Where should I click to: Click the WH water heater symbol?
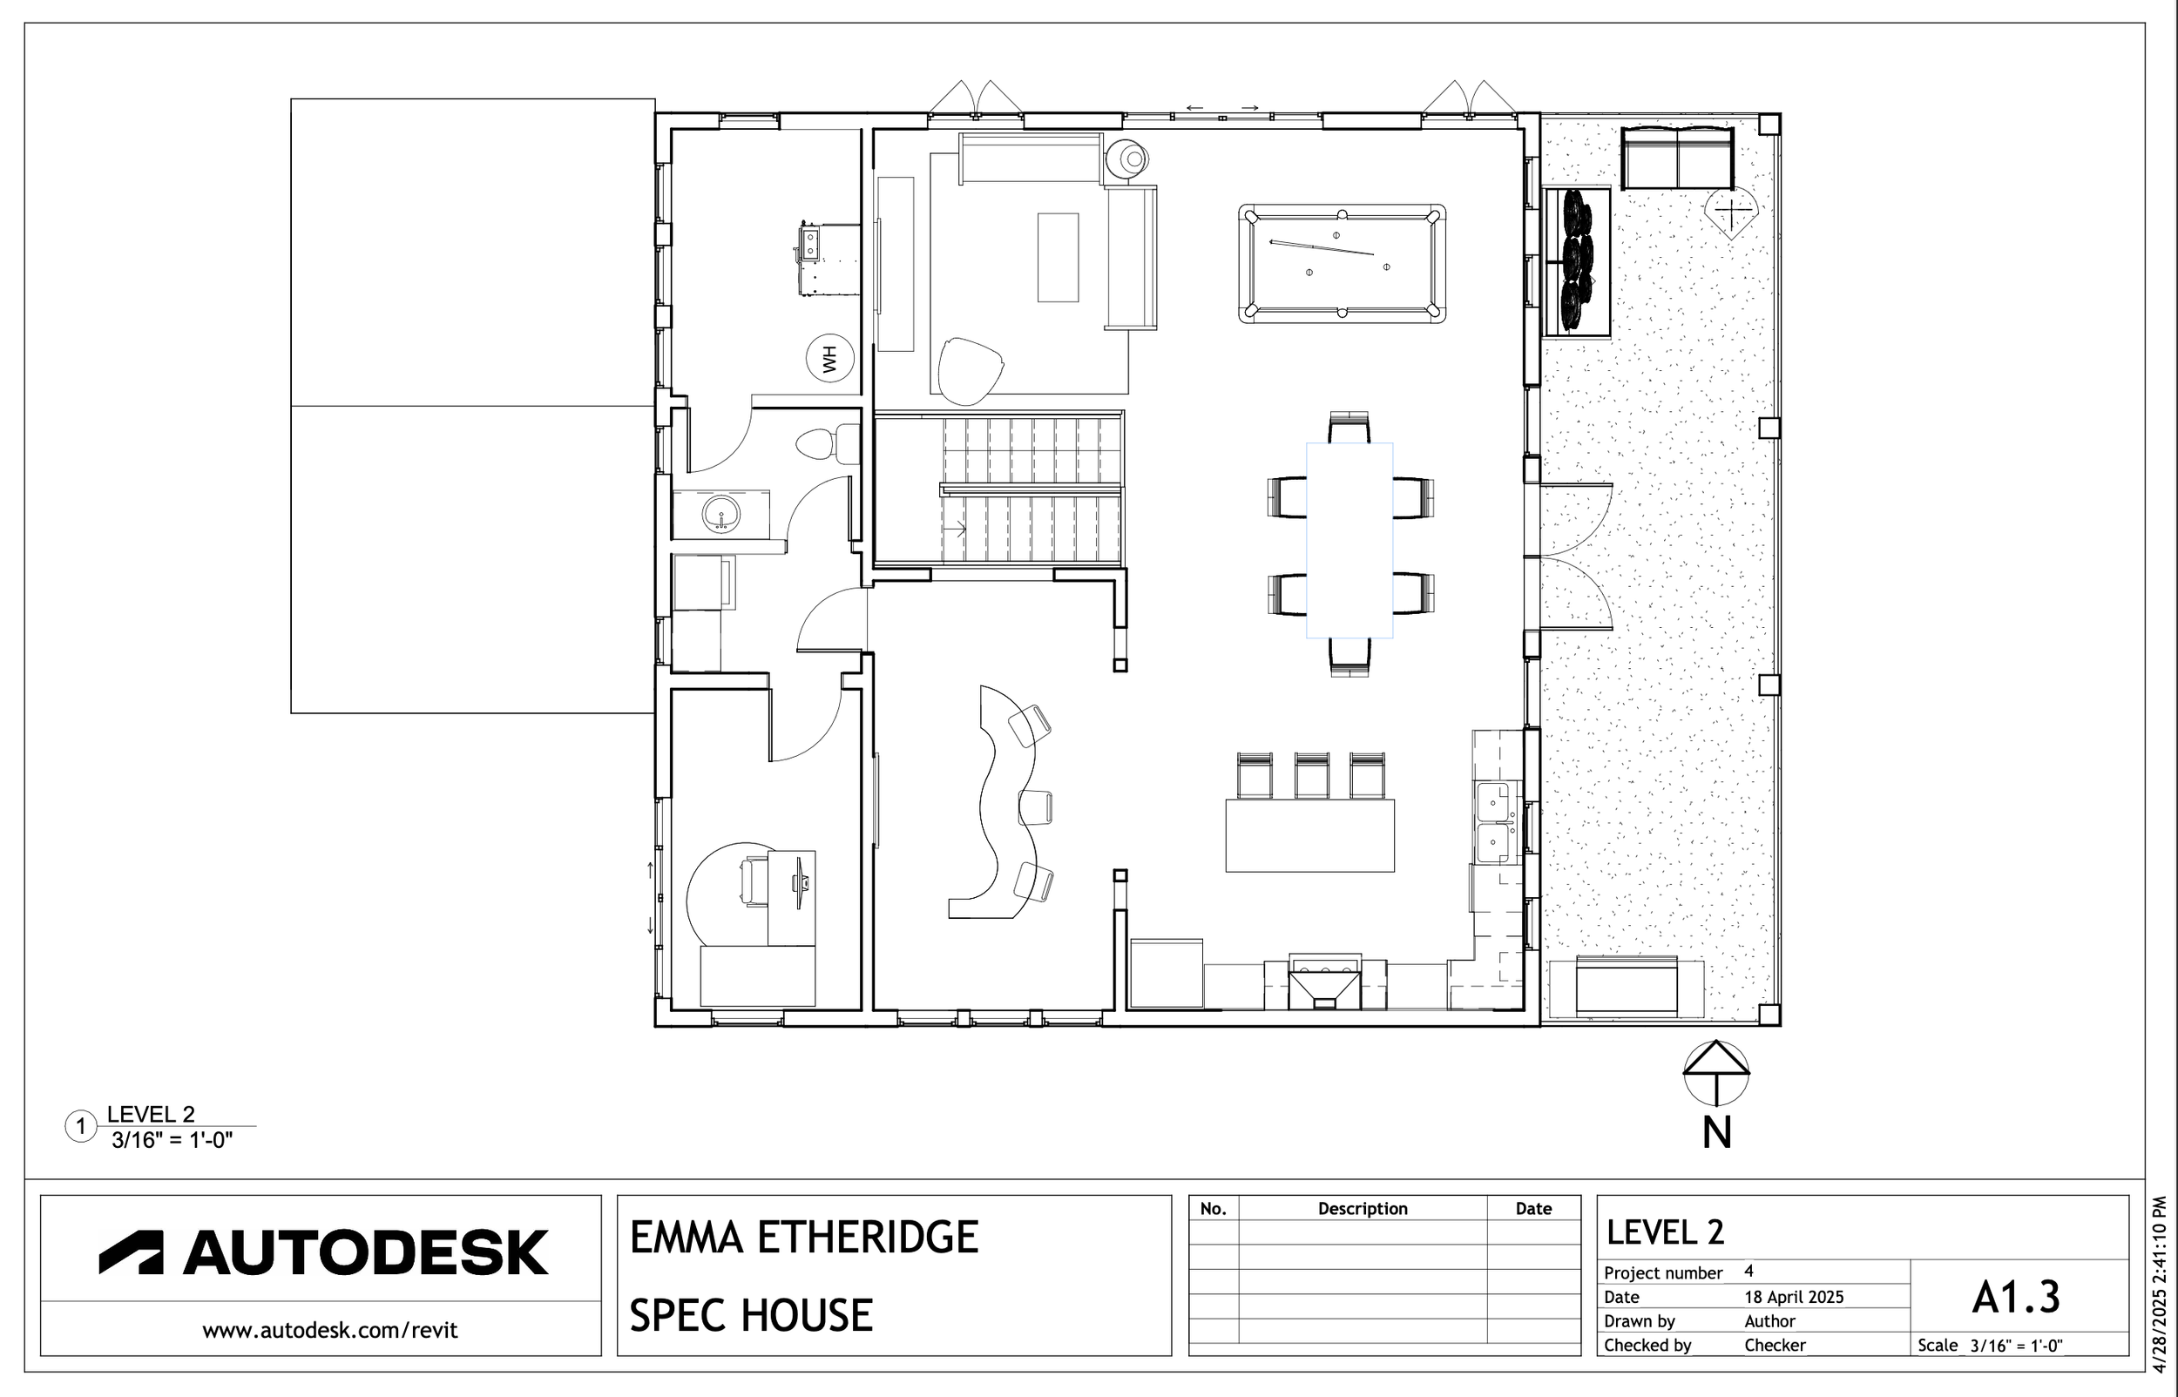pos(830,358)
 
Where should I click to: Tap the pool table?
pos(1342,264)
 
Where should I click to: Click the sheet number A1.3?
pos(2016,1298)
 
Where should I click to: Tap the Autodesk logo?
pos(324,1252)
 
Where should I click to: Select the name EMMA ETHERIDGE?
pos(804,1238)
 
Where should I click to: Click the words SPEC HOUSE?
pos(751,1315)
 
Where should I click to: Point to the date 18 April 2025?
pos(1794,1297)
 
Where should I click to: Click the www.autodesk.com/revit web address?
pos(330,1331)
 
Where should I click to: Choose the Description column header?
pos(1363,1208)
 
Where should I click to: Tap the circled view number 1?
pos(81,1127)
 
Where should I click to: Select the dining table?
pos(1349,541)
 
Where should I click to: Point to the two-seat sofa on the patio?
pos(1676,158)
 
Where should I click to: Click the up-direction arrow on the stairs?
pos(954,528)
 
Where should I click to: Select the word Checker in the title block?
pos(1776,1346)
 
